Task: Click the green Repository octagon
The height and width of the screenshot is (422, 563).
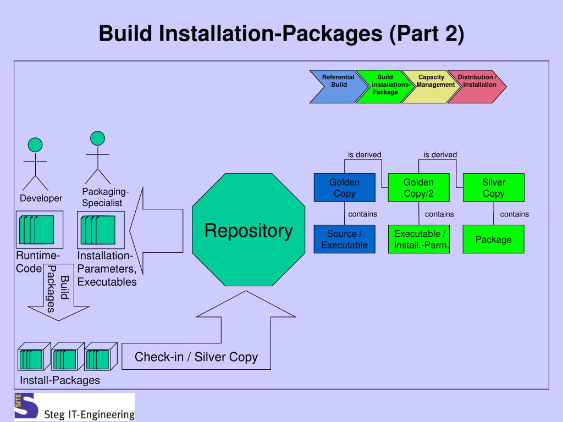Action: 249,230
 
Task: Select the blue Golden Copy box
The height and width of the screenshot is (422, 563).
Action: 344,187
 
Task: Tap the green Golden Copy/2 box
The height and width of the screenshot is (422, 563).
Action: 418,187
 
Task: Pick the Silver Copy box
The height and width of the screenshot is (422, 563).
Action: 494,187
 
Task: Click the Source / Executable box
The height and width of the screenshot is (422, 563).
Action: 344,239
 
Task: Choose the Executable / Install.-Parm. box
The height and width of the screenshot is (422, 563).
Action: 418,239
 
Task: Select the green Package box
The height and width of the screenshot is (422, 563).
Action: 494,239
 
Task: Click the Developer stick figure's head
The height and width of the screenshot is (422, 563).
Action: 35,145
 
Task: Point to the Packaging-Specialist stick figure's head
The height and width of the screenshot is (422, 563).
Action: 97,138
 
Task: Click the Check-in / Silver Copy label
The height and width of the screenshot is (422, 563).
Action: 196,357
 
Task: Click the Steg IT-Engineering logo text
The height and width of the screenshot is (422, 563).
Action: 89,414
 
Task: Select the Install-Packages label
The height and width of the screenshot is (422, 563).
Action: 59,380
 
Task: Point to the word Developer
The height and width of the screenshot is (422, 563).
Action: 41,198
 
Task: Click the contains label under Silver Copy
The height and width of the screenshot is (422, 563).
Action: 515,214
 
